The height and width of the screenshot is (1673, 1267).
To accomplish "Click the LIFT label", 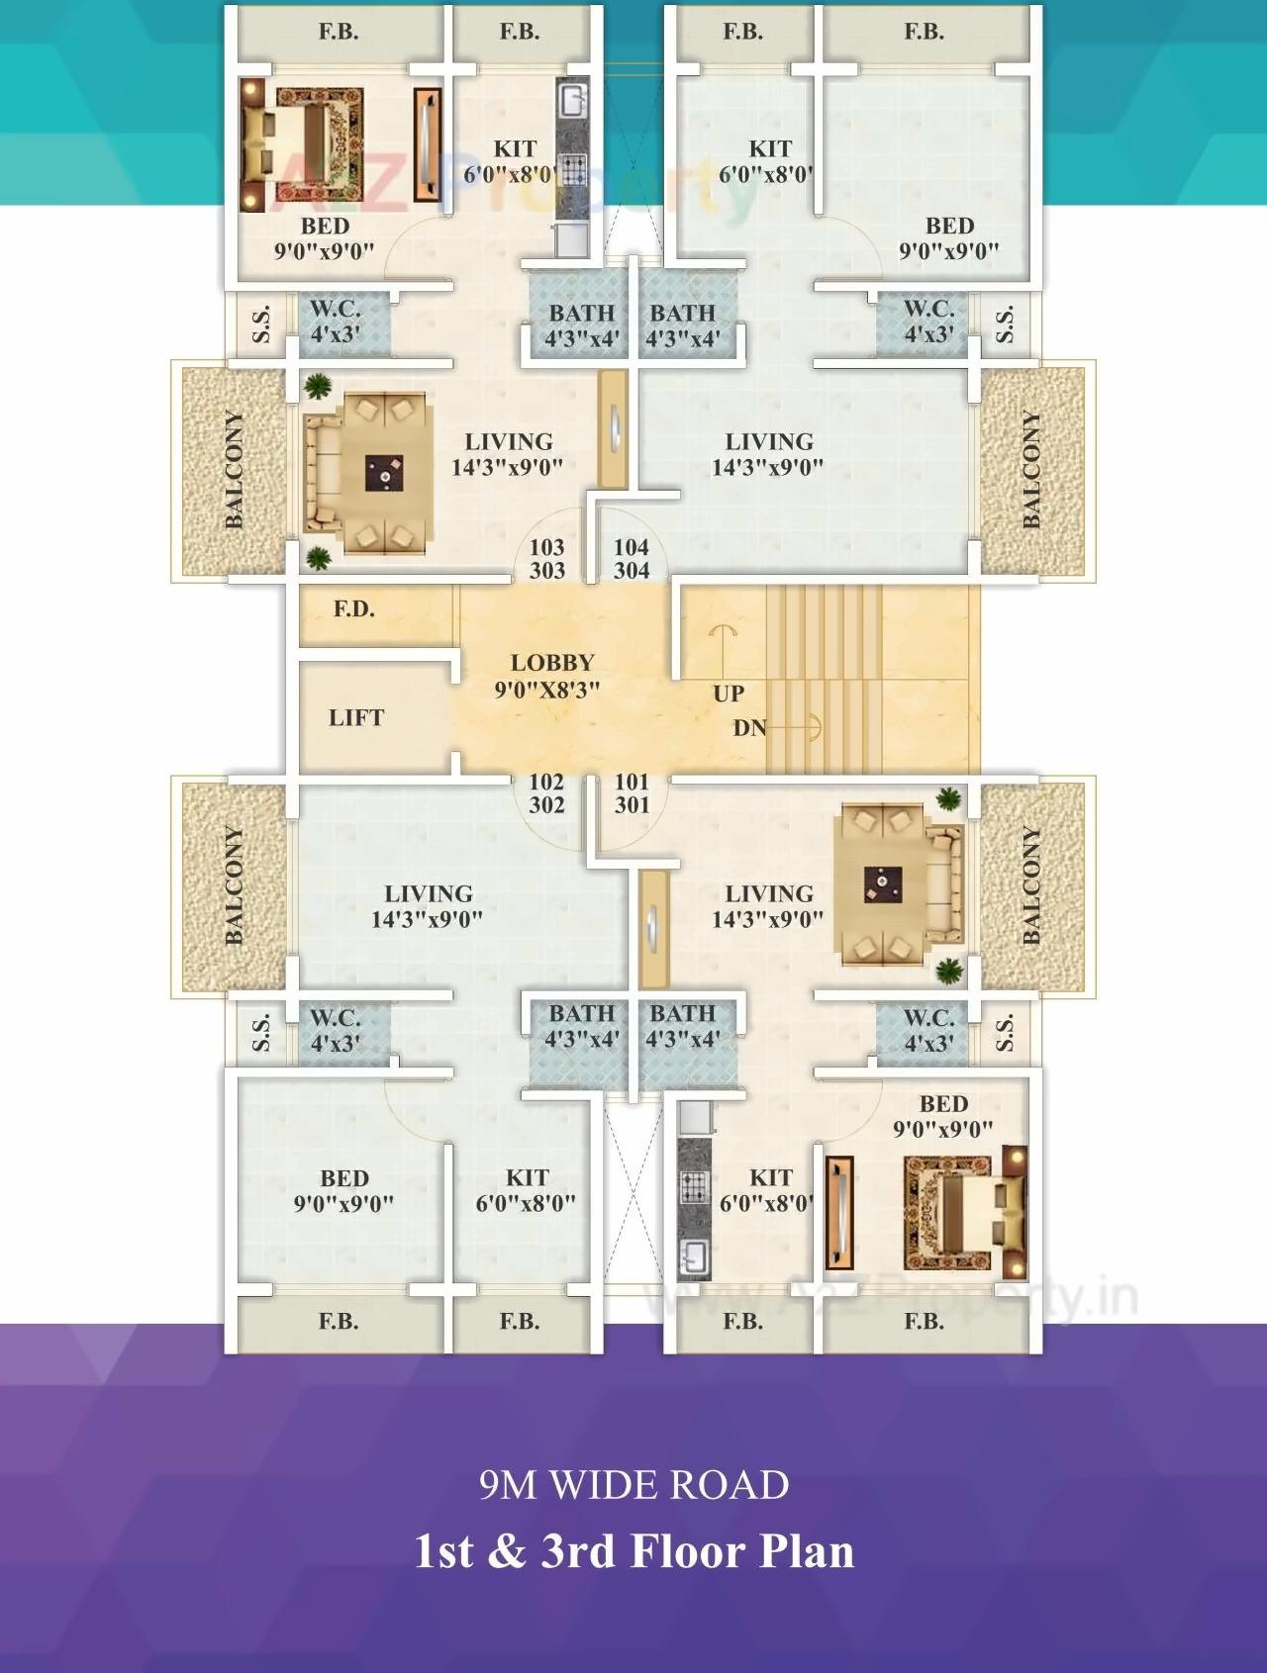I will tap(355, 718).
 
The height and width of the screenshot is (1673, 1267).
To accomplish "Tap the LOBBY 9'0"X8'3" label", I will tap(550, 676).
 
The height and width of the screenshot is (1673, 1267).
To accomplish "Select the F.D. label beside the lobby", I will tap(353, 608).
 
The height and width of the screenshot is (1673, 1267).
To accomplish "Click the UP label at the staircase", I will tap(729, 694).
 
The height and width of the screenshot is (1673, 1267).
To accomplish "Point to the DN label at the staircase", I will tap(749, 728).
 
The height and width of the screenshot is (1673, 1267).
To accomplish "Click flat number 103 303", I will tap(546, 559).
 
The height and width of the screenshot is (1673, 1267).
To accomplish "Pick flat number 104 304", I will tap(632, 559).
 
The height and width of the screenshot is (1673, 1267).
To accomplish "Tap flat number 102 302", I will tap(546, 793).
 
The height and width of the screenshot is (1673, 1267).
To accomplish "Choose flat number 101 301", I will tap(632, 793).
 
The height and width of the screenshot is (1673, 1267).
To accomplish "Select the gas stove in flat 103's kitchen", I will tap(573, 165).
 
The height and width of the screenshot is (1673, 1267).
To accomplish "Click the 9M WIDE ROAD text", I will tap(633, 1485).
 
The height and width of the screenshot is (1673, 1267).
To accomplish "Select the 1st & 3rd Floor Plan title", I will tap(633, 1550).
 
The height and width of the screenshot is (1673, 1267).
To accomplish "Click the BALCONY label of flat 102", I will tap(234, 885).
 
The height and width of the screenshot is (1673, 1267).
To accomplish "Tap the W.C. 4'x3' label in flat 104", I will tap(928, 322).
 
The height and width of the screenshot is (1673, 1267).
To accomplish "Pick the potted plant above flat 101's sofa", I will tap(949, 797).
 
